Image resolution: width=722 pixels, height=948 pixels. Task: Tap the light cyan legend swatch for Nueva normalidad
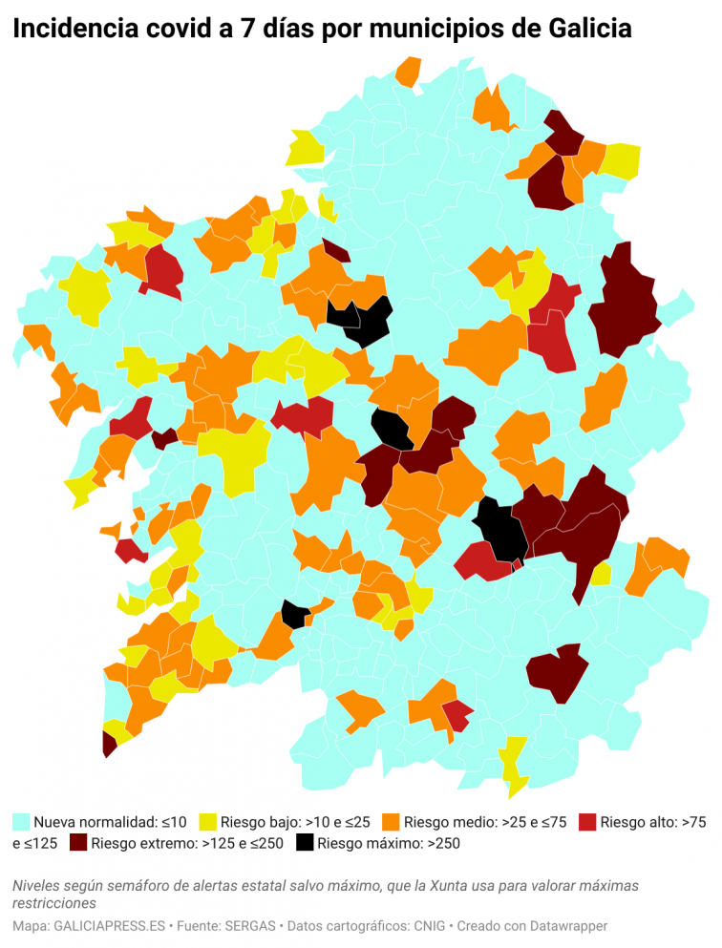(x=21, y=821)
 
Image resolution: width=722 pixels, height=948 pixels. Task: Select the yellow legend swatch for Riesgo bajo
(x=207, y=821)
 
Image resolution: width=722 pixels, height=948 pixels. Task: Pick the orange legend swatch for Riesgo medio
(x=391, y=821)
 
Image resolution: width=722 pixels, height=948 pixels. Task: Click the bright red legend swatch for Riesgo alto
(x=587, y=821)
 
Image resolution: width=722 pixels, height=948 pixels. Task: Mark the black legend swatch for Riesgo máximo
(x=305, y=843)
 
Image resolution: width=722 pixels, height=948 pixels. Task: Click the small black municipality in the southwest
(x=294, y=615)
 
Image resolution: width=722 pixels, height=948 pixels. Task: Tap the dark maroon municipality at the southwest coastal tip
(x=108, y=744)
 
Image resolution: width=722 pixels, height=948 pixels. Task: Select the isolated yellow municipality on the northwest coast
(x=307, y=148)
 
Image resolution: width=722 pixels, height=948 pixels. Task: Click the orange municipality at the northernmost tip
(x=409, y=72)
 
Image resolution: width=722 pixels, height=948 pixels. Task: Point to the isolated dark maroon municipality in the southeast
(x=559, y=672)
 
